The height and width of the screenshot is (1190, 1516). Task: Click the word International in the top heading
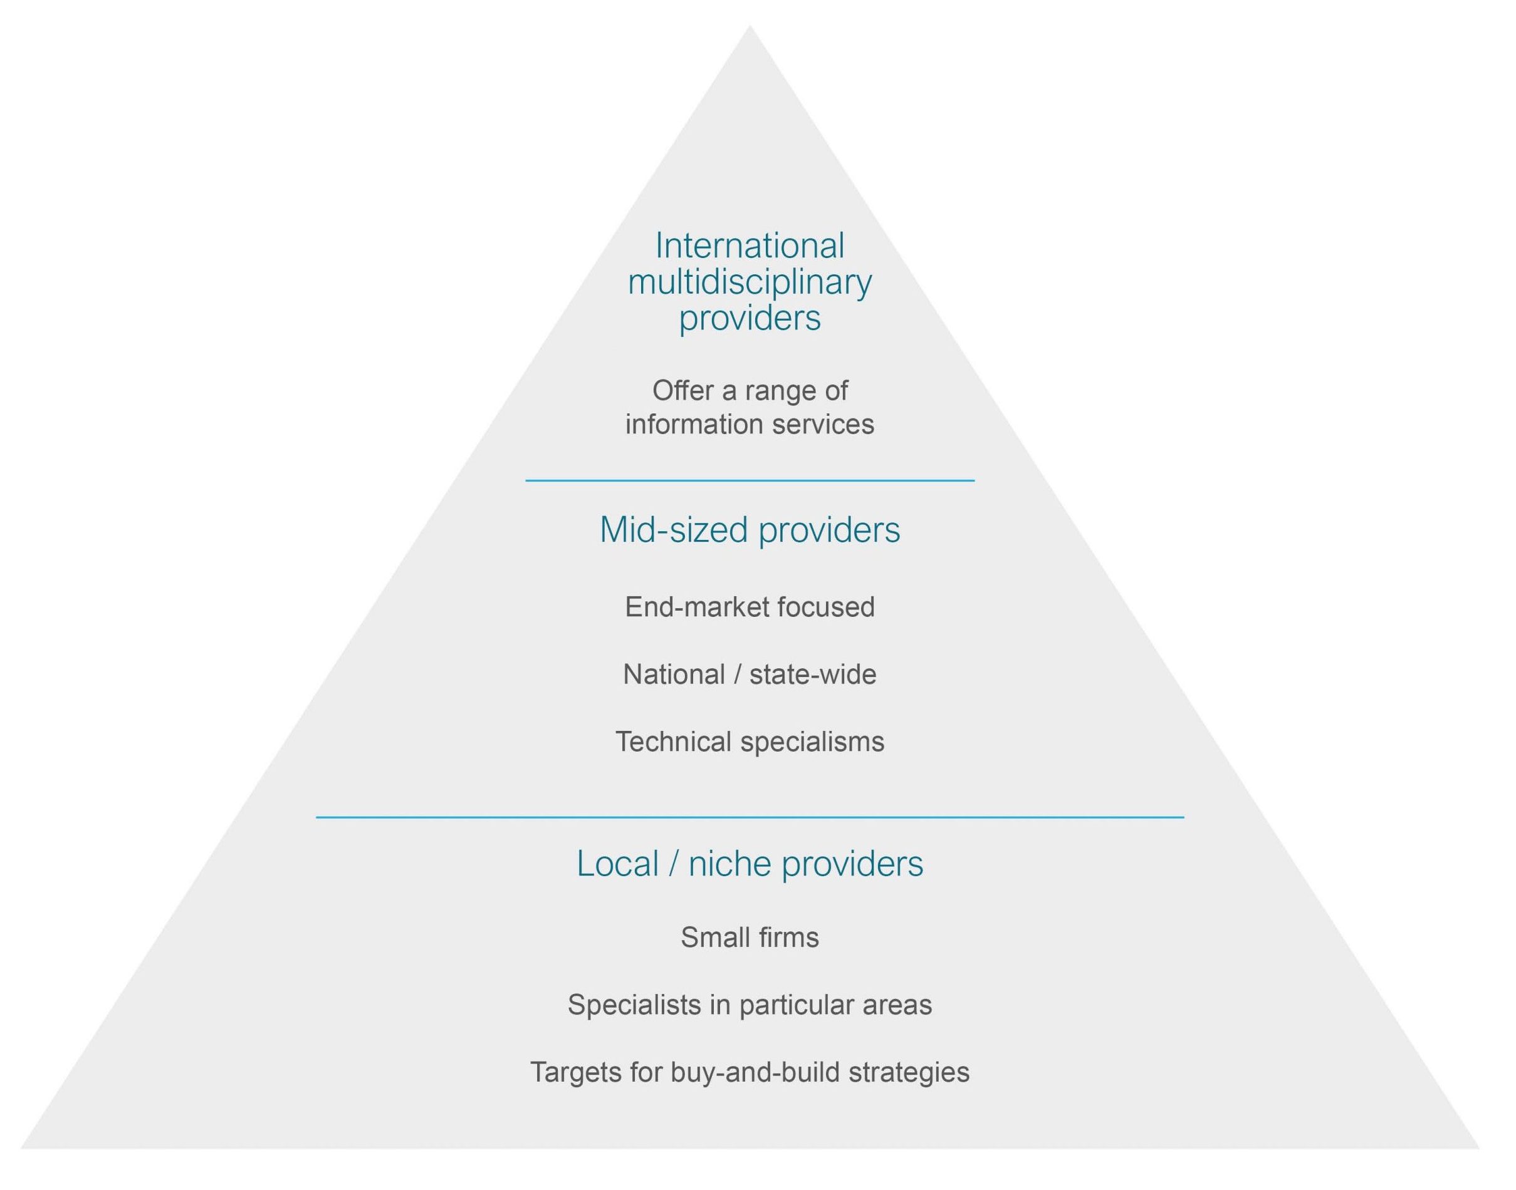[750, 246]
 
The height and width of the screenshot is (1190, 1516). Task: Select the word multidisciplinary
[750, 282]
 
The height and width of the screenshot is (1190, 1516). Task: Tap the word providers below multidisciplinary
[750, 318]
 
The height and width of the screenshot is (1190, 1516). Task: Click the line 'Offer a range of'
[750, 391]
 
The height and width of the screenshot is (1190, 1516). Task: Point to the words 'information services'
[750, 424]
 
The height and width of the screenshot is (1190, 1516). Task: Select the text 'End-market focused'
[750, 607]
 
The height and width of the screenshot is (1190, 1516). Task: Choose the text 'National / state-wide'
[750, 675]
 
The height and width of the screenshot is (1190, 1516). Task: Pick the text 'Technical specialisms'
[750, 742]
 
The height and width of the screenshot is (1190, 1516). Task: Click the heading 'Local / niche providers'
[750, 864]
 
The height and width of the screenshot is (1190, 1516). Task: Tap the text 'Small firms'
[750, 937]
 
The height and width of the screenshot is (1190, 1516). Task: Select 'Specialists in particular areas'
[750, 1005]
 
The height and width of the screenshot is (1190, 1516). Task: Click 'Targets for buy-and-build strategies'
[750, 1072]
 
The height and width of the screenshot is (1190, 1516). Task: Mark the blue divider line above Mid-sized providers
[750, 481]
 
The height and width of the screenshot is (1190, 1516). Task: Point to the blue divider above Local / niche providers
[750, 817]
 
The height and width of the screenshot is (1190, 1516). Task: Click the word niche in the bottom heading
[729, 864]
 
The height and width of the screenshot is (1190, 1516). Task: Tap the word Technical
[672, 742]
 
